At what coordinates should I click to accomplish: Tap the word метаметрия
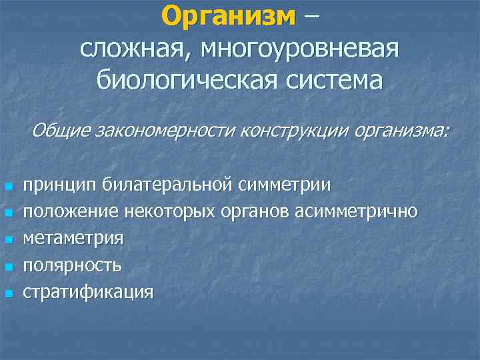[73, 238]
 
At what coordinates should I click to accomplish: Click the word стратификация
[88, 292]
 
